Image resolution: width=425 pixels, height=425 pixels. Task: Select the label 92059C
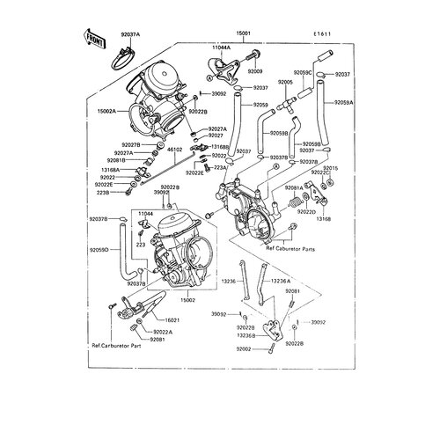303,70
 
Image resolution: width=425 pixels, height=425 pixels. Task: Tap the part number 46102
176,150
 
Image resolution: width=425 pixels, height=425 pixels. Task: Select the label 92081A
294,187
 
